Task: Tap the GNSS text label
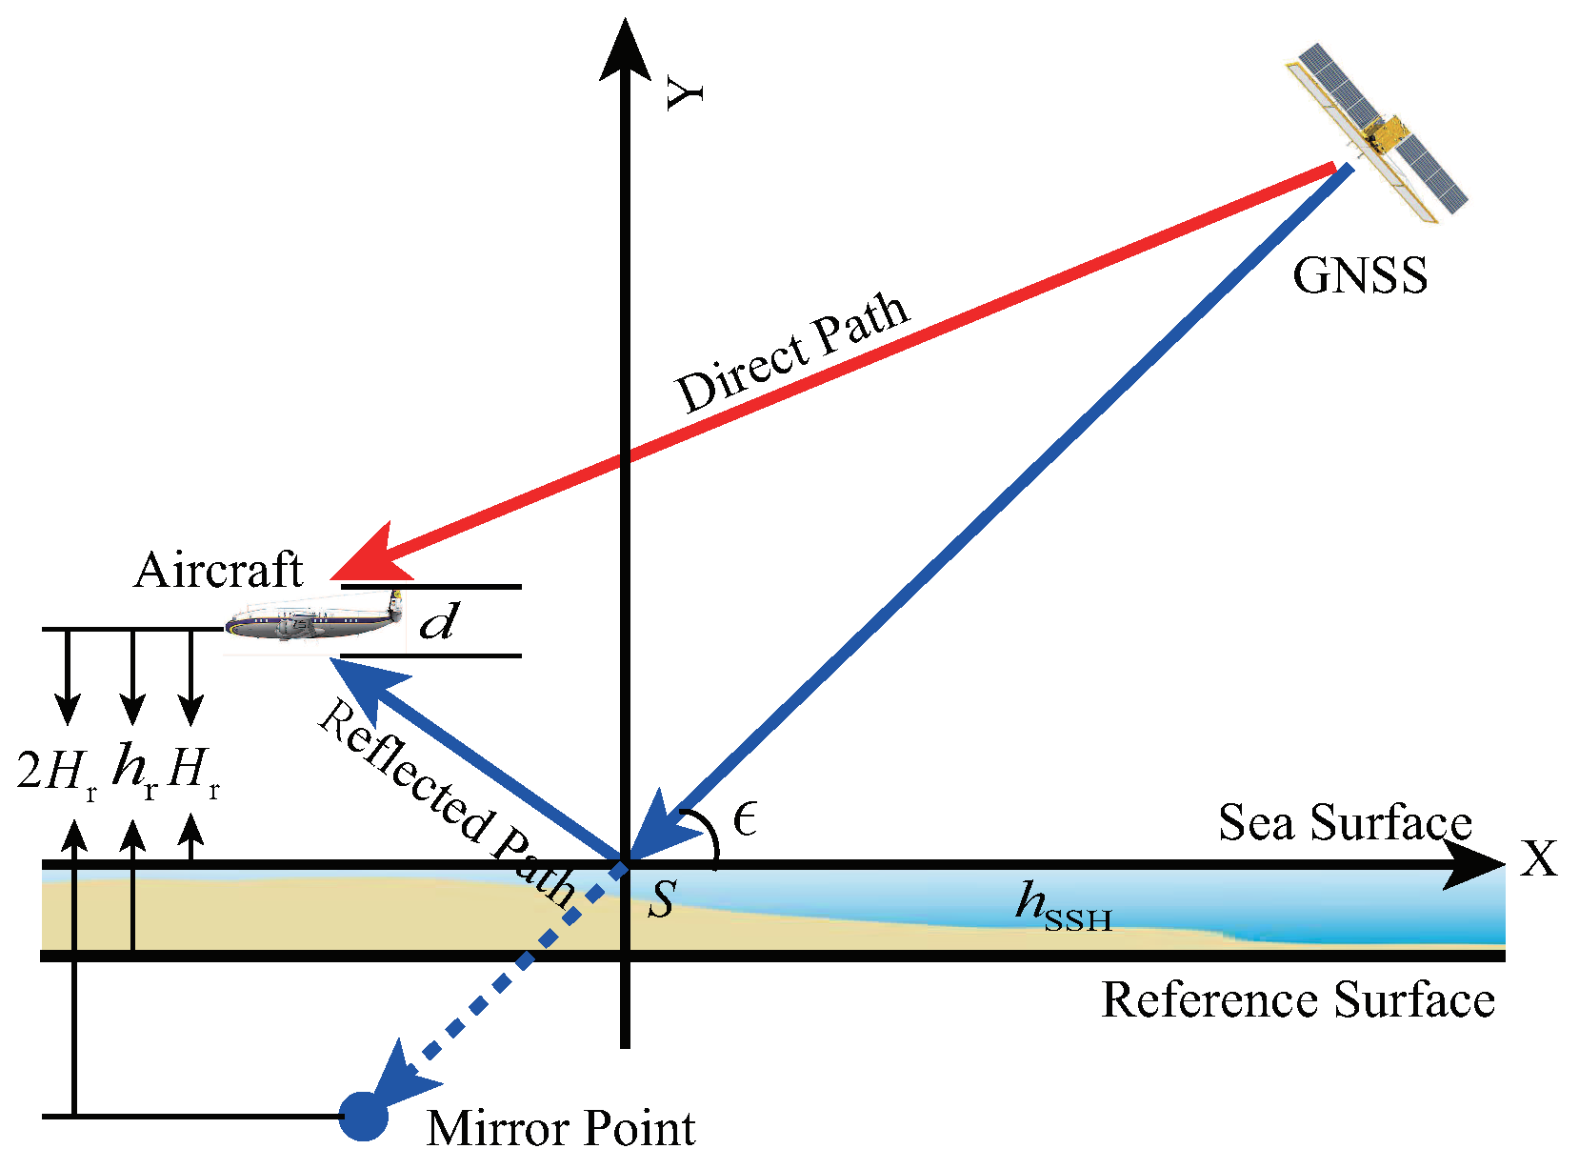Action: point(1359,276)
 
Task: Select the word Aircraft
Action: point(218,571)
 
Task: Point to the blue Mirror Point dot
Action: point(364,1116)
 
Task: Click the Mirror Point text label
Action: point(560,1128)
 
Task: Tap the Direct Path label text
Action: point(792,353)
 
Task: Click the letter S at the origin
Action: point(662,898)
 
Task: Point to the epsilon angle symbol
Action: point(746,818)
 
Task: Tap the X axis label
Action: point(1538,859)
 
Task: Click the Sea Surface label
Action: point(1345,822)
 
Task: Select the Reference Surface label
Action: point(1297,1000)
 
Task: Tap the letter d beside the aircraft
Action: point(439,622)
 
